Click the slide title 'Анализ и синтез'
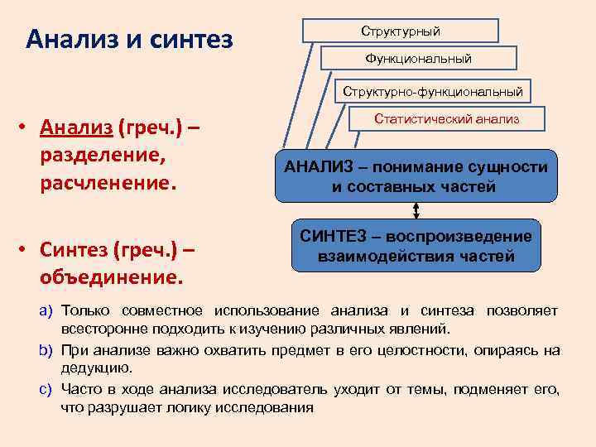(x=129, y=39)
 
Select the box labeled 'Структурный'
(x=401, y=31)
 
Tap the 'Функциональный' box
(x=418, y=58)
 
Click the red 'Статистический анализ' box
(x=447, y=119)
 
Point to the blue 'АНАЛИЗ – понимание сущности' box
(x=416, y=176)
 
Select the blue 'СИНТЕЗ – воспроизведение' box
(x=416, y=246)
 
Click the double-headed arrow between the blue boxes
(x=416, y=210)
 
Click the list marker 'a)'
(x=47, y=310)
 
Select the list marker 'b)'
(x=47, y=350)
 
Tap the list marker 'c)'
(x=47, y=389)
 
